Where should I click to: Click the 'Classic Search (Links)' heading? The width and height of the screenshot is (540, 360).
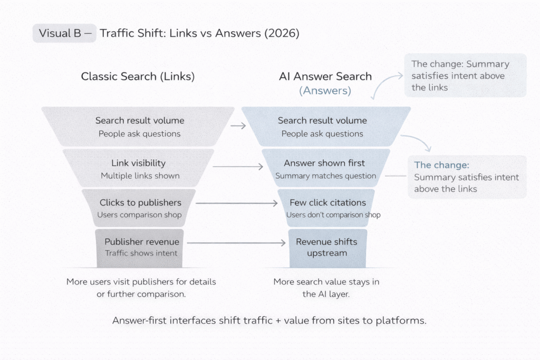tap(138, 76)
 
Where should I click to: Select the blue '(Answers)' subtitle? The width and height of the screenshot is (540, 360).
tap(325, 90)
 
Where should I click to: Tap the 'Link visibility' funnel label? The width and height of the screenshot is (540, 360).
tap(138, 163)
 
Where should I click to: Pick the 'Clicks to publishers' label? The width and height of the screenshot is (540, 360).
tap(140, 202)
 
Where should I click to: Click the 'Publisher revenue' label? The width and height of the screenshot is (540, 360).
tap(141, 242)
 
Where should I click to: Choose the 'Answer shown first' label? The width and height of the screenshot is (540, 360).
tap(324, 163)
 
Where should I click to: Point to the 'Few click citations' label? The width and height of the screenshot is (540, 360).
tap(327, 202)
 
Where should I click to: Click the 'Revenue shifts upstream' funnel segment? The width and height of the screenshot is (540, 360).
tap(326, 247)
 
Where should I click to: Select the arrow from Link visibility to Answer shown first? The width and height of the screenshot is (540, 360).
tap(238, 167)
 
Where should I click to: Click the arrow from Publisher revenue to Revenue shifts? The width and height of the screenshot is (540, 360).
tap(237, 242)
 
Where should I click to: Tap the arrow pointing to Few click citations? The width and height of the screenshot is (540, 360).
tap(237, 203)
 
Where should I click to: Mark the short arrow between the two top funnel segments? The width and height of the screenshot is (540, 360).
tap(238, 126)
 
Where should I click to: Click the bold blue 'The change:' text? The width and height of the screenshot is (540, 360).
tap(441, 165)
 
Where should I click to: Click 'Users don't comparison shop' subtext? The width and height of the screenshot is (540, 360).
tap(333, 215)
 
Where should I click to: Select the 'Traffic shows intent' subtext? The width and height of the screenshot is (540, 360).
tap(141, 253)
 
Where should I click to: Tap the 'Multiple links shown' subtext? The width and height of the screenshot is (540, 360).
tap(140, 176)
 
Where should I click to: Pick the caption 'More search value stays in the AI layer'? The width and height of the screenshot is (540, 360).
tap(326, 288)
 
